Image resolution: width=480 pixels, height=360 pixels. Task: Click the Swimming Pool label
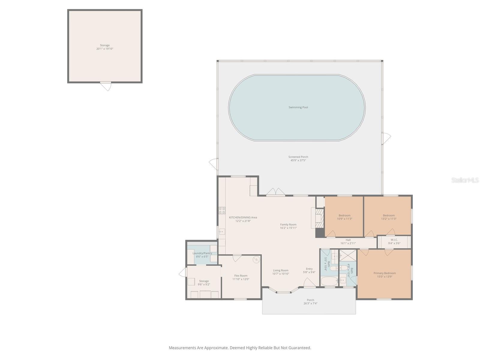point(298,107)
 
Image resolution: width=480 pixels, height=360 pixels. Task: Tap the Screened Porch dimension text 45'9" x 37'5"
point(298,160)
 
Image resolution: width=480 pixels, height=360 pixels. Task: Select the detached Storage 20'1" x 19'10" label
point(105,47)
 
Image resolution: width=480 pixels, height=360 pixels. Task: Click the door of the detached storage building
point(106,86)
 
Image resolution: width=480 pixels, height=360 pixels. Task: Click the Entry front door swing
point(309,283)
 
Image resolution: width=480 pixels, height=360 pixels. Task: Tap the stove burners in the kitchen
point(222,210)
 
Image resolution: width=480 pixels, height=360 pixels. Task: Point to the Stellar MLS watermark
point(465,180)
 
